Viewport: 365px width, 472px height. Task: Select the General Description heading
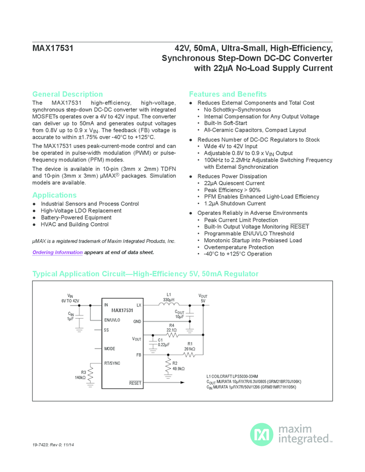[x=67, y=94]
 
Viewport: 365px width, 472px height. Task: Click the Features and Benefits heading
[x=227, y=94]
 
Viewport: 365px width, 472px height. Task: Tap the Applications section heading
[x=54, y=195]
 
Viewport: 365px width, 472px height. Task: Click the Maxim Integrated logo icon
[x=260, y=434]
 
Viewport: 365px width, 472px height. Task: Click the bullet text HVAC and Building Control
[x=74, y=224]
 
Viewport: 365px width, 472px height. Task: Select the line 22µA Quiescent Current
[x=234, y=183]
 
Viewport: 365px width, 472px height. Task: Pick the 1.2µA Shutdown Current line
[x=234, y=203]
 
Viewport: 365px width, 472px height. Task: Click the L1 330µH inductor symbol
[x=169, y=305]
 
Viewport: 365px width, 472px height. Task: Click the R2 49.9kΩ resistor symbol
[x=167, y=365]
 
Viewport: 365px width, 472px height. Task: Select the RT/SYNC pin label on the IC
[x=113, y=363]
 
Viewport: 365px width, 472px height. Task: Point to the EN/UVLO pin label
[x=112, y=320]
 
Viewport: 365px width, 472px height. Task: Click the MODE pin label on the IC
[x=109, y=348]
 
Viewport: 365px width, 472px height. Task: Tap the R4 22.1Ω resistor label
[x=172, y=328]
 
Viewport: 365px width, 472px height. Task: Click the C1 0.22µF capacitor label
[x=163, y=343]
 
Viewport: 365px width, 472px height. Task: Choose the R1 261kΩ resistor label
[x=189, y=347]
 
